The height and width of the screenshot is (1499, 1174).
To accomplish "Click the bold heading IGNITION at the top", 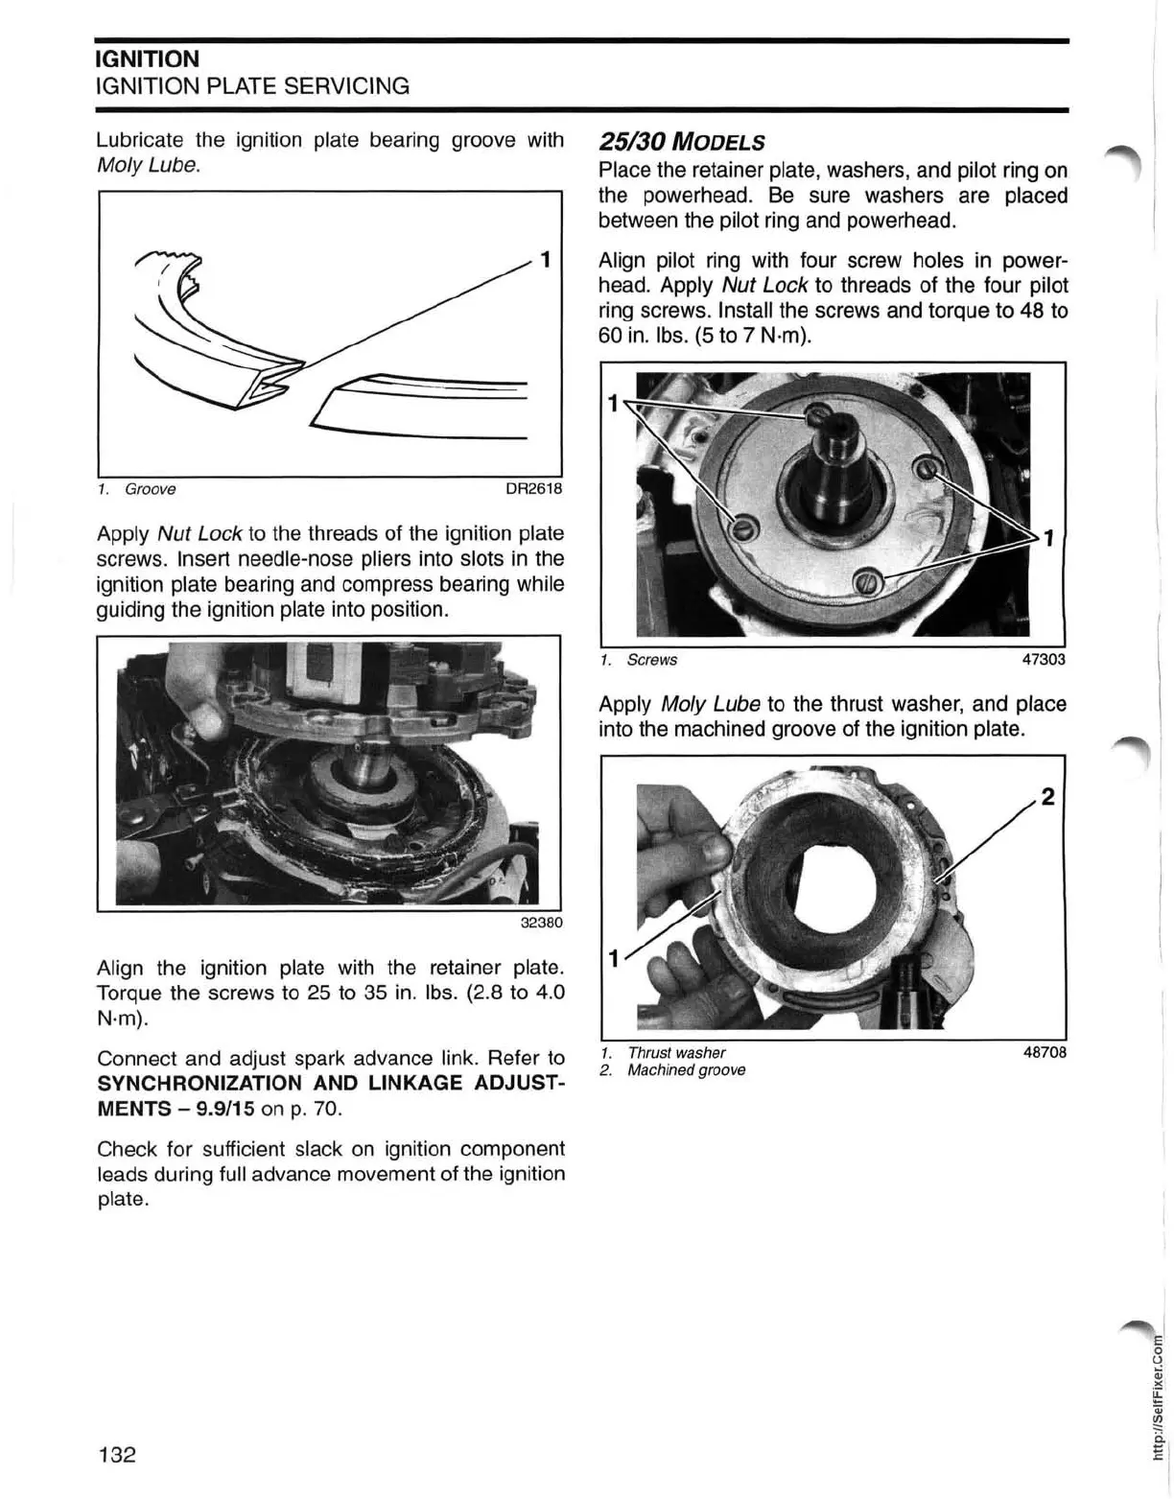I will [x=148, y=59].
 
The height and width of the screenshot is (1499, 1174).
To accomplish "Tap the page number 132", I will [x=117, y=1454].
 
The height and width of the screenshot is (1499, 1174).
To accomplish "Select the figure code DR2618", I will [x=533, y=489].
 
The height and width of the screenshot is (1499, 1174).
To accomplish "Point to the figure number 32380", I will [x=541, y=924].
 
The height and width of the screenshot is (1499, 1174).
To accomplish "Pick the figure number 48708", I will [x=1045, y=1052].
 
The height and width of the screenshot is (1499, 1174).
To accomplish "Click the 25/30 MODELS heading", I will [x=682, y=142].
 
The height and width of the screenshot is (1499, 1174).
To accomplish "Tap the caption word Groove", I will [x=151, y=489].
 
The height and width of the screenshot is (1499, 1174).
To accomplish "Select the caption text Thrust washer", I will [x=676, y=1052].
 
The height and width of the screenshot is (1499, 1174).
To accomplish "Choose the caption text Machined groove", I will [x=686, y=1070].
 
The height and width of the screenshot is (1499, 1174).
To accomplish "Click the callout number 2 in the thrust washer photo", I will [x=1047, y=797].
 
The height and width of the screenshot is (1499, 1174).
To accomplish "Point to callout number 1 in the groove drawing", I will [x=545, y=259].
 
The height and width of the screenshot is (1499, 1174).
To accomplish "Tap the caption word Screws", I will [x=651, y=660].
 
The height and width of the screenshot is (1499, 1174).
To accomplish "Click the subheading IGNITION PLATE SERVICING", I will [x=253, y=86].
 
